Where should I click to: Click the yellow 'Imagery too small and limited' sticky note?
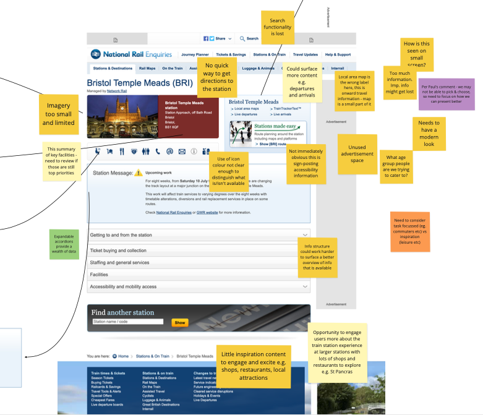click(59, 114)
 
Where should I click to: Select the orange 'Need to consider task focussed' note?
click(409, 231)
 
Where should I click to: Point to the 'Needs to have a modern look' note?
click(429, 133)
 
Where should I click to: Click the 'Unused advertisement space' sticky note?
click(357, 153)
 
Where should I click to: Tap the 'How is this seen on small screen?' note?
click(417, 54)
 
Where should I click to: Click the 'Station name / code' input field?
click(127, 322)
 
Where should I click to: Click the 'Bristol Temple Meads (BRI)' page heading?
click(139, 82)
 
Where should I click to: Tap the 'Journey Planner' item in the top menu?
click(195, 54)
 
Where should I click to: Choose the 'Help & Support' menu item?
click(338, 54)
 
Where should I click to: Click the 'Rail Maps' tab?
click(147, 68)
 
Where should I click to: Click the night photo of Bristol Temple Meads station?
click(123, 116)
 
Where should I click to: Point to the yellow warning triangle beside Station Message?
click(139, 173)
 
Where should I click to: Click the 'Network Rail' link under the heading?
click(117, 91)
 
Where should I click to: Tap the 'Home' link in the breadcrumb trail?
click(123, 356)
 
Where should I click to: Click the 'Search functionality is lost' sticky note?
click(277, 27)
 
